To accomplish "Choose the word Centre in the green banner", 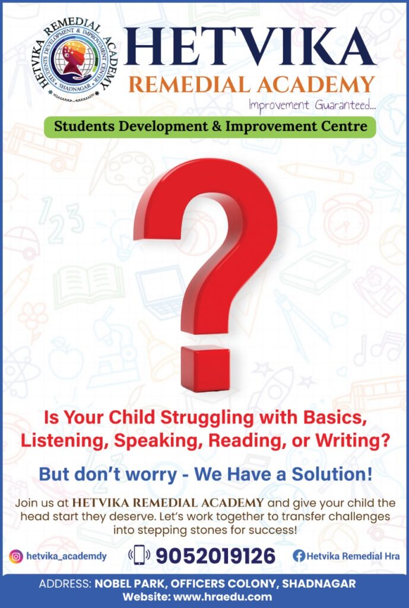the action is coord(344,126).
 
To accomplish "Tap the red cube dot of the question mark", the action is coord(205,368).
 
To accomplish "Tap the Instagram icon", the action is coord(16,556).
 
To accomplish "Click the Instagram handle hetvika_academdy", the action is coord(66,556).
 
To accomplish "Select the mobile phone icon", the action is coord(139,555).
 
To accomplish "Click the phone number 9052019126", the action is coord(215,556).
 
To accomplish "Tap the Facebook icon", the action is coord(299,556).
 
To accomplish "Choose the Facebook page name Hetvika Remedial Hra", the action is coord(353,556).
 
